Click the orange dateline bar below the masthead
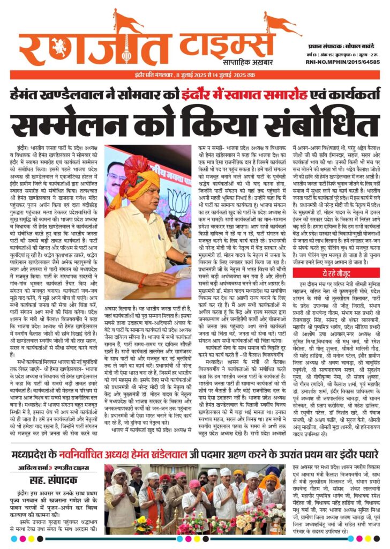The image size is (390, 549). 195,74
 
